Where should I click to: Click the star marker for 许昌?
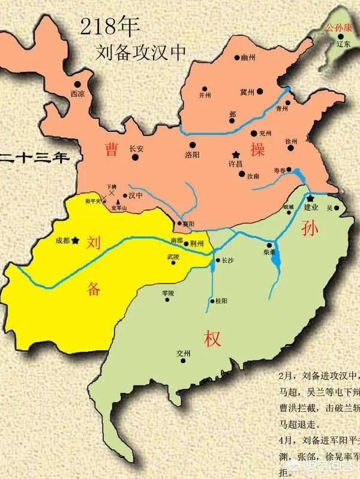[x=235, y=153]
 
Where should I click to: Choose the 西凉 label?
[x=77, y=94]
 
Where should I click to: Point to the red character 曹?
[x=111, y=149]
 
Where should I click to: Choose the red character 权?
[x=212, y=338]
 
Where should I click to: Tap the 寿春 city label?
[x=280, y=170]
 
